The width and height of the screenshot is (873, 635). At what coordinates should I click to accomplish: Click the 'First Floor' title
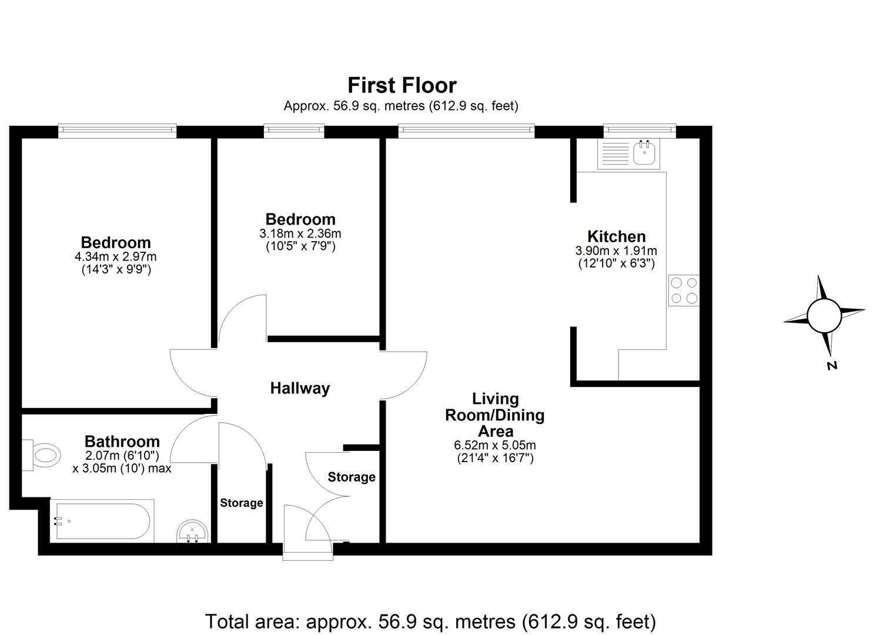pyautogui.click(x=402, y=86)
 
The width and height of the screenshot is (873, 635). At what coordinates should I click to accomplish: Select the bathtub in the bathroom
pyautogui.click(x=103, y=521)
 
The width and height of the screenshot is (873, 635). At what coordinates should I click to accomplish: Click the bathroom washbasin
pyautogui.click(x=192, y=532)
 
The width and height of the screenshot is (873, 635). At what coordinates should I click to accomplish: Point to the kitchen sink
pyautogui.click(x=645, y=153)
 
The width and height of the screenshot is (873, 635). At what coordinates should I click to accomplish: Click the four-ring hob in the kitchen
pyautogui.click(x=684, y=290)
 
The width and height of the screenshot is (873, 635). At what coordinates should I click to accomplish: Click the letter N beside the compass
pyautogui.click(x=832, y=365)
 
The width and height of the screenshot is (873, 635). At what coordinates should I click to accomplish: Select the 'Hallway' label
pyautogui.click(x=300, y=388)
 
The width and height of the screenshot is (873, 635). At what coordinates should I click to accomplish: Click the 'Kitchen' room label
pyautogui.click(x=616, y=237)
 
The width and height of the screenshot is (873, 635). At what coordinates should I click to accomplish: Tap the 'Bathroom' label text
pyautogui.click(x=122, y=442)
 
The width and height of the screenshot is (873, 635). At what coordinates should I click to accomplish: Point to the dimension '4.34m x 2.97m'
pyautogui.click(x=116, y=257)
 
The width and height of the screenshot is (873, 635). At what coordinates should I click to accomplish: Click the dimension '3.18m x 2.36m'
pyautogui.click(x=300, y=233)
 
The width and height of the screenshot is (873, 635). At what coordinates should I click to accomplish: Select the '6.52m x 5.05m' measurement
pyautogui.click(x=495, y=445)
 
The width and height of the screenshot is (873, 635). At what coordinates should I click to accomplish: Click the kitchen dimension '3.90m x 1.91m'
pyautogui.click(x=616, y=251)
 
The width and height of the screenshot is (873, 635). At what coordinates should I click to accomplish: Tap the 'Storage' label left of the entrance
pyautogui.click(x=242, y=503)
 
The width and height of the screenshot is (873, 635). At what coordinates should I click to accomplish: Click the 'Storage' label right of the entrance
pyautogui.click(x=352, y=477)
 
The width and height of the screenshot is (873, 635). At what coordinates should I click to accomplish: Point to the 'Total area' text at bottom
pyautogui.click(x=430, y=621)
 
